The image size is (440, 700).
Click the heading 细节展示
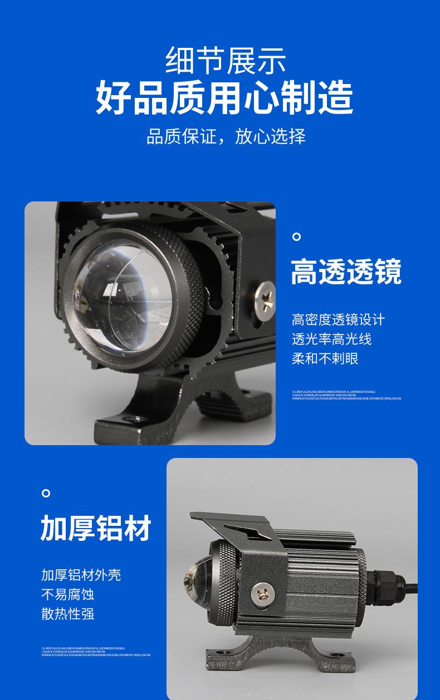[x=226, y=60]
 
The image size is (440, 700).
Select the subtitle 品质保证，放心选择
[x=226, y=136]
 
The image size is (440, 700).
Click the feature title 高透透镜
[x=346, y=272]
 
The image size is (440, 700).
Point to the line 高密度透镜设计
[x=338, y=320]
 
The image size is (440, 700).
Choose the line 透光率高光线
[x=331, y=339]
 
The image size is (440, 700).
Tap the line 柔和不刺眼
[x=325, y=358]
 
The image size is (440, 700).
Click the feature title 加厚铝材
[x=96, y=528]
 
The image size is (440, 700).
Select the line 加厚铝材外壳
[x=81, y=575]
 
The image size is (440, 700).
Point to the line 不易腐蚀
[x=67, y=594]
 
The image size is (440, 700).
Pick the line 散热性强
[x=67, y=614]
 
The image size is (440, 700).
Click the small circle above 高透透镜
[x=297, y=237]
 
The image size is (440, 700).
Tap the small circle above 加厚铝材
[x=46, y=493]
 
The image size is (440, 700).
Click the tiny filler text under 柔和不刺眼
[x=346, y=395]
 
